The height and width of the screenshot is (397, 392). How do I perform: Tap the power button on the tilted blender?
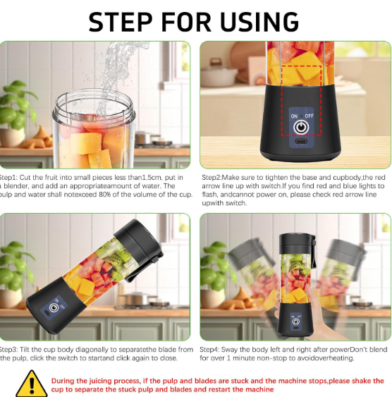point(53,309)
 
